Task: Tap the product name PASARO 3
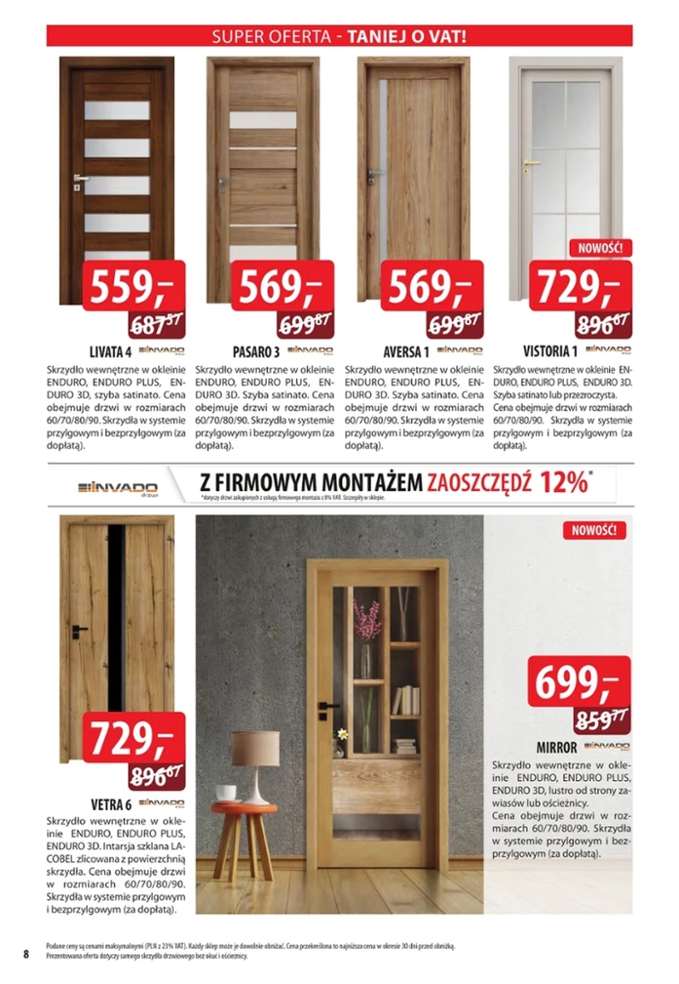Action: [255, 350]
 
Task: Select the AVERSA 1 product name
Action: [405, 350]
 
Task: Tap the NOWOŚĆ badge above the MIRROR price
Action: [595, 530]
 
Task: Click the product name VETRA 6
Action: [110, 803]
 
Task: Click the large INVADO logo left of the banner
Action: [117, 486]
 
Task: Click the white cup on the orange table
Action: [226, 793]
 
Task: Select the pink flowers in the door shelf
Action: [366, 619]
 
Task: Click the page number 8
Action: [27, 953]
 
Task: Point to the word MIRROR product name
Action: [556, 747]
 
